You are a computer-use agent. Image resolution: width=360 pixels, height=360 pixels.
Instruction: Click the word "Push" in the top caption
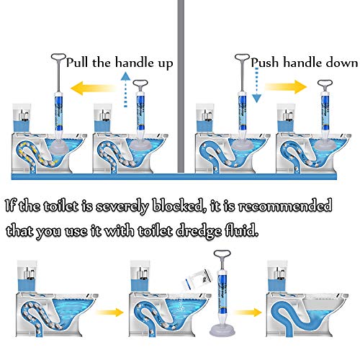pyautogui.click(x=265, y=63)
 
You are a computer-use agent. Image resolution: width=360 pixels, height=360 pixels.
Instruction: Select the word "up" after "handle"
pyautogui.click(x=166, y=64)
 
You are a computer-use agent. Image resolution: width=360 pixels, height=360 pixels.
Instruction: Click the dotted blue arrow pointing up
pyautogui.click(x=125, y=90)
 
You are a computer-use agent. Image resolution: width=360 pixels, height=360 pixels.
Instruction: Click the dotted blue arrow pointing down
pyautogui.click(x=256, y=85)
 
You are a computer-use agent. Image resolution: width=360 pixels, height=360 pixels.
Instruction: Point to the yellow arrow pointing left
pyautogui.click(x=93, y=88)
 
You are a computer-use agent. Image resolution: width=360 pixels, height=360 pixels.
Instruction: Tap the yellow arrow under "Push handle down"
pyautogui.click(x=286, y=87)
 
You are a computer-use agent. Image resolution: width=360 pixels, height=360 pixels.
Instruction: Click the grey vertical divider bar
pyautogui.click(x=181, y=86)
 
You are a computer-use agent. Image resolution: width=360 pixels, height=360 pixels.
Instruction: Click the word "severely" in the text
pyautogui.click(x=122, y=207)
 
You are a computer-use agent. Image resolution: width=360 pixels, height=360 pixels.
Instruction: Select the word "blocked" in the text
pyautogui.click(x=178, y=206)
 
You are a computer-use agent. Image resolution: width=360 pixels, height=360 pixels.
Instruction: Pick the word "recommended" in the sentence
pyautogui.click(x=285, y=206)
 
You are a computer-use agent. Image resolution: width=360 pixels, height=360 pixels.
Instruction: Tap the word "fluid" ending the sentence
pyautogui.click(x=241, y=230)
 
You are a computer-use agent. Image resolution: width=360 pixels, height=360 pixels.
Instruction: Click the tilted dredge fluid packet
pyautogui.click(x=198, y=279)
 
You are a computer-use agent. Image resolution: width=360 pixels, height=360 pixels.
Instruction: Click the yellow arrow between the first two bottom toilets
pyautogui.click(x=109, y=312)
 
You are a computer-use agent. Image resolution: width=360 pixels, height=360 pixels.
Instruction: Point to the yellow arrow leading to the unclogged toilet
pyautogui.click(x=248, y=312)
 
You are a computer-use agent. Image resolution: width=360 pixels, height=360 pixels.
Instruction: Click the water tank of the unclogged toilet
pyautogui.click(x=277, y=276)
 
